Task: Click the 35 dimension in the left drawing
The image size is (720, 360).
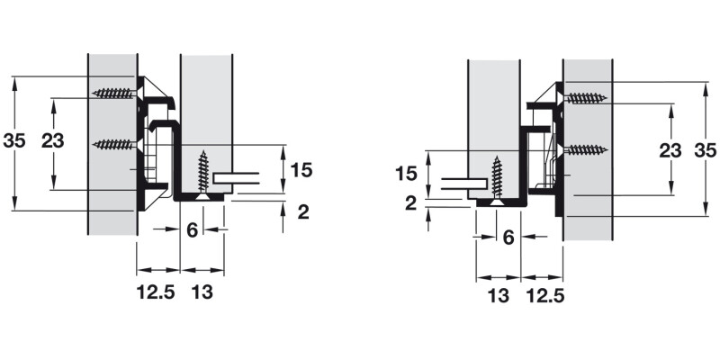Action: click(14, 141)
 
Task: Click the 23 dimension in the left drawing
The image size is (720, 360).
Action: click(53, 141)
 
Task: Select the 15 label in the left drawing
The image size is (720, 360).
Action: click(301, 170)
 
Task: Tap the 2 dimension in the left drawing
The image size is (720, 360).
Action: click(303, 212)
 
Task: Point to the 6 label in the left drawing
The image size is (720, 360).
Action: click(192, 229)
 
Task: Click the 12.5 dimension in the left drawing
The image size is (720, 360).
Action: click(156, 292)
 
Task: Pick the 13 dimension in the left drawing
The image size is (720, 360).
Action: click(202, 292)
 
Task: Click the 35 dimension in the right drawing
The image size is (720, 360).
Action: click(706, 150)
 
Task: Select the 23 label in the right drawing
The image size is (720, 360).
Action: click(670, 150)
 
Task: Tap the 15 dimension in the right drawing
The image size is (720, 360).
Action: click(406, 174)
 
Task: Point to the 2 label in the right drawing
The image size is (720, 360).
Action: click(411, 202)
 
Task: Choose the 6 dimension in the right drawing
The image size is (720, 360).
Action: click(508, 238)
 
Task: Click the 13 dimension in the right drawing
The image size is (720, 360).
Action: click(499, 296)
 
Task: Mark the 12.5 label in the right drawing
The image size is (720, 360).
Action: click(545, 296)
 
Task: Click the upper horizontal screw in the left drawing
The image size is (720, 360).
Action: click(115, 94)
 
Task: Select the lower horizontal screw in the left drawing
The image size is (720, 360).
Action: click(115, 145)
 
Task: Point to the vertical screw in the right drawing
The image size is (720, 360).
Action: click(497, 182)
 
